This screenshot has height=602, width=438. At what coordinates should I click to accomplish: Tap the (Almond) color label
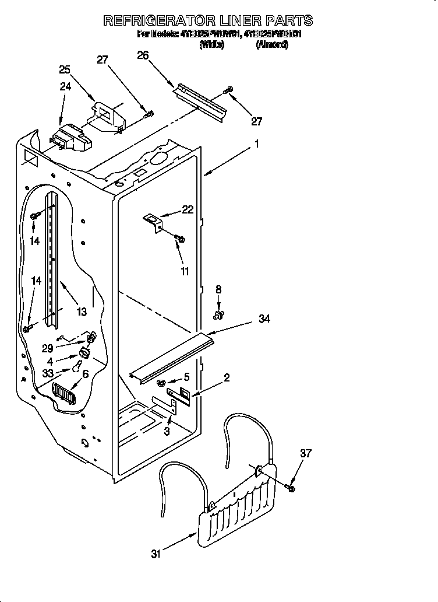point(272,44)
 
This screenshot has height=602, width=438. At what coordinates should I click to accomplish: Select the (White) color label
point(211,44)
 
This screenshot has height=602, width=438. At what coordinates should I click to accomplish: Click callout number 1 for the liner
point(257,143)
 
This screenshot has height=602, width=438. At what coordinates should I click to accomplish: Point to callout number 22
point(188,210)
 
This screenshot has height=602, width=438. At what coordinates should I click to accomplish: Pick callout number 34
point(264,318)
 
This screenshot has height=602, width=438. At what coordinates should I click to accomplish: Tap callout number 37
point(306,453)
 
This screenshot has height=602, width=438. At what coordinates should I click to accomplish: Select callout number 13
point(82,311)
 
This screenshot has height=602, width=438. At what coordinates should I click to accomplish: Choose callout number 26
point(143,55)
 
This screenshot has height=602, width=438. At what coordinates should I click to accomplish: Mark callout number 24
point(65,87)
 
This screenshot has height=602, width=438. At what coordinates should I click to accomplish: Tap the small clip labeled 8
point(219,315)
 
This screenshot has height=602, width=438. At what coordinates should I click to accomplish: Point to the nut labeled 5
point(160,383)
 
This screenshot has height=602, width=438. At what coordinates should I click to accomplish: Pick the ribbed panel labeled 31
point(239,502)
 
